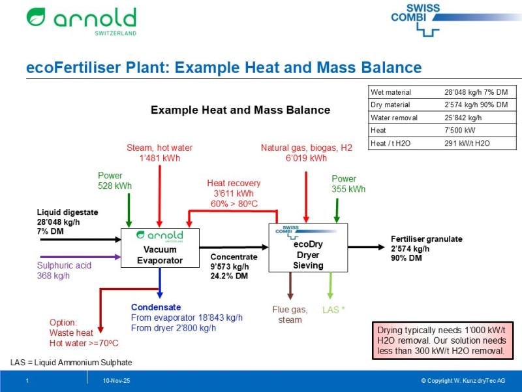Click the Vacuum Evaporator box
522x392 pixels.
coord(160,248)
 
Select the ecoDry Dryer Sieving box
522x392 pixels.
coord(308,247)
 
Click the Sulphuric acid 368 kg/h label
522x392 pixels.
coord(64,270)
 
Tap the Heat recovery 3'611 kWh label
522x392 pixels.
coord(234,193)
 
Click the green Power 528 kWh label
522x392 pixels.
coord(115,181)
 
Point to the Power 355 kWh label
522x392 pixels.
coord(348,184)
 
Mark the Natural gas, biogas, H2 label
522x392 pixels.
coord(306,153)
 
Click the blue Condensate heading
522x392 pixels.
coord(156,307)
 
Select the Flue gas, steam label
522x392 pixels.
coord(290,314)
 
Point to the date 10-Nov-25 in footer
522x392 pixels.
coord(116,381)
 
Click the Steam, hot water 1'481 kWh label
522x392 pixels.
coord(159,153)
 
